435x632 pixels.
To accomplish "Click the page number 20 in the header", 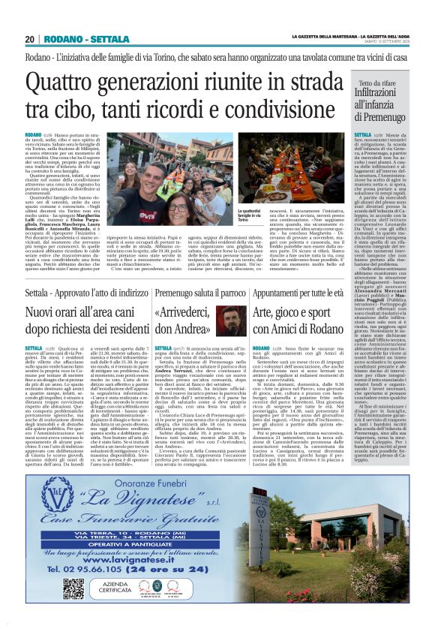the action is [29, 39].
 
